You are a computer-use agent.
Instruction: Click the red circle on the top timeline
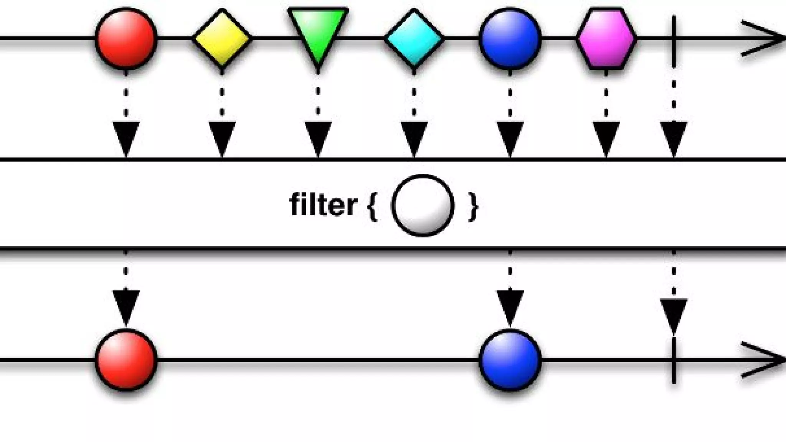[x=126, y=38]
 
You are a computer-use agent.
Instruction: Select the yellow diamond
[x=222, y=38]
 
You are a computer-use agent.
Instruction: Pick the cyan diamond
[x=414, y=38]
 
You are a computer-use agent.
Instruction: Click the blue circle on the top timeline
[x=510, y=38]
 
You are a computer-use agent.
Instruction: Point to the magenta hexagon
[x=606, y=38]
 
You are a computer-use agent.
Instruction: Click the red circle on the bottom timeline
[x=126, y=360]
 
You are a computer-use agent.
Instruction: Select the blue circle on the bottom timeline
[x=510, y=360]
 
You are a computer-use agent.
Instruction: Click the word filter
[x=323, y=205]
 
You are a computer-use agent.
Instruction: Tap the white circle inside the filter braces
[x=423, y=205]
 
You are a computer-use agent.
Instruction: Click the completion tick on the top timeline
[x=674, y=38]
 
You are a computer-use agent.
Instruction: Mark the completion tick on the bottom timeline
[x=674, y=360]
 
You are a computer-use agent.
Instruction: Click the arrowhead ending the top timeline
[x=764, y=38]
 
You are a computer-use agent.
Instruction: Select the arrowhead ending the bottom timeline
[x=764, y=360]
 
